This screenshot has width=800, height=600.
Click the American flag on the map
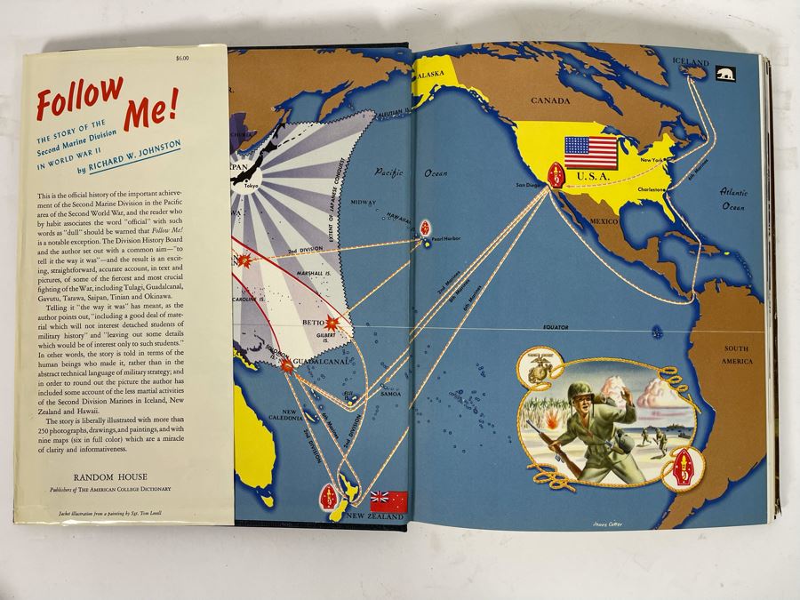tap(590, 152)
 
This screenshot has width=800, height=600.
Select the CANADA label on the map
tap(551, 102)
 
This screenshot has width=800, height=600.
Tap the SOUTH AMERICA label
tap(737, 356)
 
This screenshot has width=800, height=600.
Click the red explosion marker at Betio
tap(333, 324)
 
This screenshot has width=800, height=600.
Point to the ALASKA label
tap(434, 76)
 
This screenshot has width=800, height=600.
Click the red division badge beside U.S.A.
tap(558, 175)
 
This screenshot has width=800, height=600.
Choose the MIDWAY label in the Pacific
tap(364, 203)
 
